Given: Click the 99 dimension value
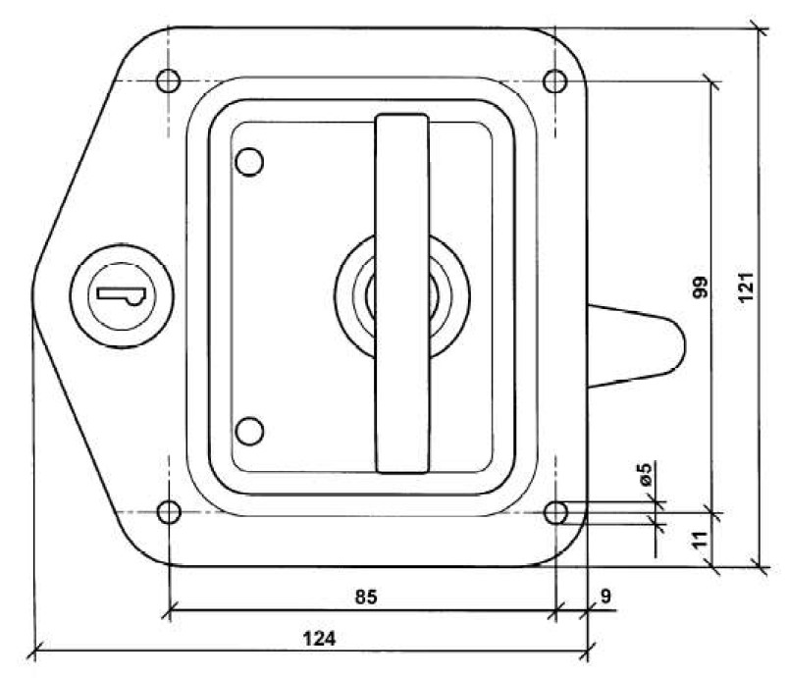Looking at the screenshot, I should pos(701,288).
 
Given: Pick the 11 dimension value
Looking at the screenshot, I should pos(700,539).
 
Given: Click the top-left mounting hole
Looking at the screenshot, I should pos(168,80).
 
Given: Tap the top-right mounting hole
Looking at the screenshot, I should pos(555,80).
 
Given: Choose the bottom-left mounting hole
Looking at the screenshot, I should pos(169,511).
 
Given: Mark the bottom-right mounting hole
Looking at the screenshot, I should pos(555,511).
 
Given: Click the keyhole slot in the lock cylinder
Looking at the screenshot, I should pos(119,293).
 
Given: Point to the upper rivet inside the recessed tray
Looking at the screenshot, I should pos(251,161).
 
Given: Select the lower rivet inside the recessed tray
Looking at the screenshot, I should pos(251,430).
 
